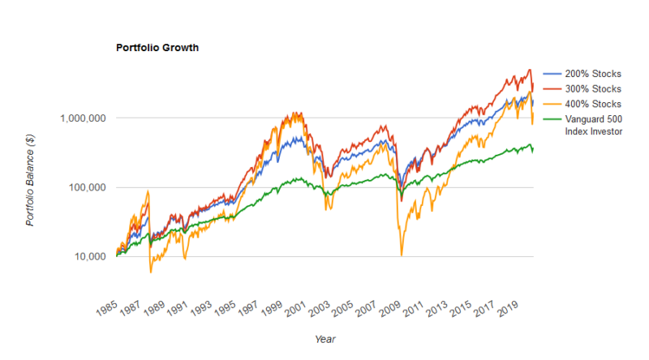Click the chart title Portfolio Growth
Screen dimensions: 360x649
tap(158, 48)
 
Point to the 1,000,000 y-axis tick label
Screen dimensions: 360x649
tap(84, 118)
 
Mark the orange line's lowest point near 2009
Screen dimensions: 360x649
tap(401, 255)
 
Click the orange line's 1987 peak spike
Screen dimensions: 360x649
tap(148, 191)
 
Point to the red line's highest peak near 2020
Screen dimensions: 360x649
tap(529, 70)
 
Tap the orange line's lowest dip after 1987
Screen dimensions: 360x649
tap(151, 272)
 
